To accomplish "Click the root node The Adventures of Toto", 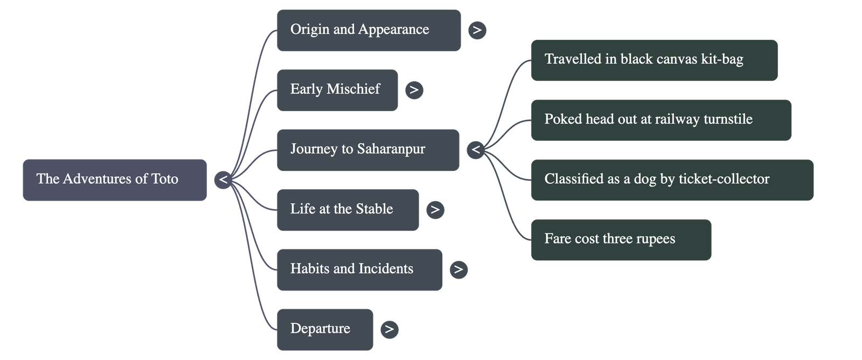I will click(114, 179).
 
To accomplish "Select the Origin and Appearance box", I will click(369, 30).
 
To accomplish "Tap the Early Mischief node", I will click(337, 90).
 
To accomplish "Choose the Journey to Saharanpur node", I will click(367, 150).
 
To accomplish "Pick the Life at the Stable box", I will click(347, 210).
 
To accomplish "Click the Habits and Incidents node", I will click(359, 269).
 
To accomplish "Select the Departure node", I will click(324, 329).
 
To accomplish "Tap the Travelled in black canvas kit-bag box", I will click(654, 60).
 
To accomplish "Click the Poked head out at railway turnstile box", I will click(661, 120).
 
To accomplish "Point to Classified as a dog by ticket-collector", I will click(672, 179).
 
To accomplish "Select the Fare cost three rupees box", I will click(621, 239).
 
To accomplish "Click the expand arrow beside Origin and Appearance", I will click(477, 30).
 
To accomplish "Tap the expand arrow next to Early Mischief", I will click(414, 90).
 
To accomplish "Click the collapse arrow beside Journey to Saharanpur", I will click(475, 150).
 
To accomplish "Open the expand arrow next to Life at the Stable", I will click(435, 210).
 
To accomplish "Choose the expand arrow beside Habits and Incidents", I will click(458, 269).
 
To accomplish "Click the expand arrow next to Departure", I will click(389, 329).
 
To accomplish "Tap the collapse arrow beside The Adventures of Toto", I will click(223, 179).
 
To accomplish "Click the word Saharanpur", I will click(391, 149).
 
